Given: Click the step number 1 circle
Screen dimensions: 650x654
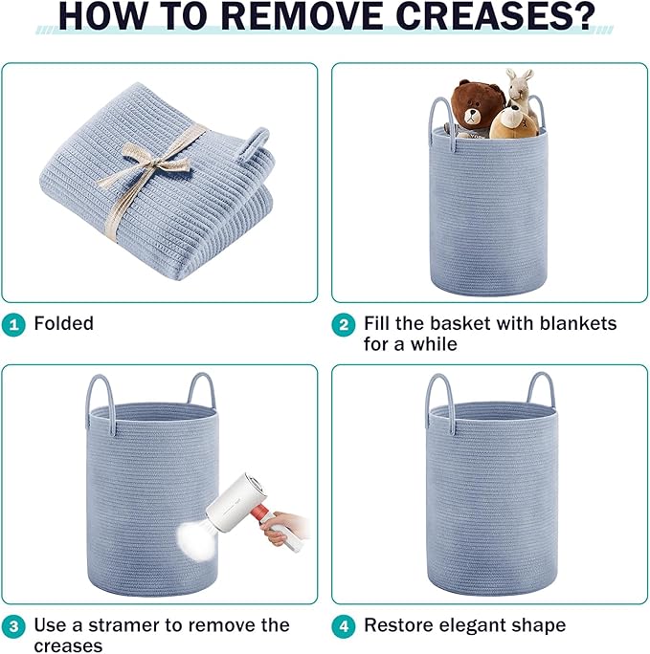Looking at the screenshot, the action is click(x=13, y=324).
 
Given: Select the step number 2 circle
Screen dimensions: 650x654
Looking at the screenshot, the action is click(x=344, y=324).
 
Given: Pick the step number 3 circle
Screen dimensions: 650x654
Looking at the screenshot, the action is click(x=13, y=626).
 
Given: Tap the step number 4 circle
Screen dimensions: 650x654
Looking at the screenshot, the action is click(x=344, y=626).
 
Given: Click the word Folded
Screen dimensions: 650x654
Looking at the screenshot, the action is click(x=63, y=323).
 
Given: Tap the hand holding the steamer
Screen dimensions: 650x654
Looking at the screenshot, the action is click(x=284, y=528).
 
